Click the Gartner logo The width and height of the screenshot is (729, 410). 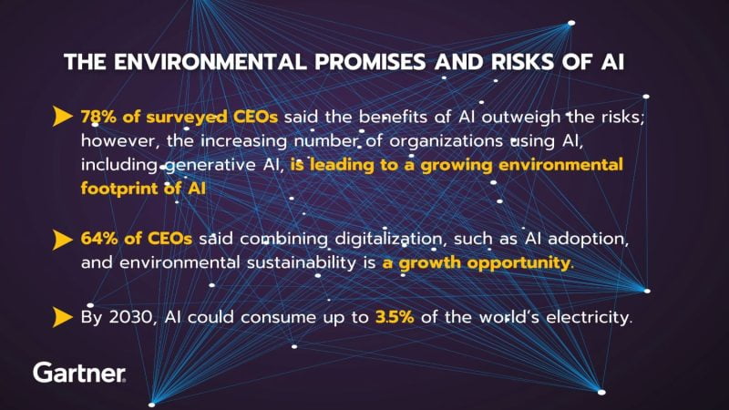point(79,373)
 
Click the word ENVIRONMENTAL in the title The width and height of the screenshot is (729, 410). point(210,62)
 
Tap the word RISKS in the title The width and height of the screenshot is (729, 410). point(523,62)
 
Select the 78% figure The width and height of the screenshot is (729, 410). point(98,117)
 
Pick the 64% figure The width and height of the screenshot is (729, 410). point(99,239)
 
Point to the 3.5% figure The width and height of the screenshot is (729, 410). point(395,317)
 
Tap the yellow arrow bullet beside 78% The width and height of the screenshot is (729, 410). point(63,117)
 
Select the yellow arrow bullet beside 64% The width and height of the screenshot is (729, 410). point(63,240)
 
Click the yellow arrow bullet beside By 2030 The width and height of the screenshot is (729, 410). point(63,317)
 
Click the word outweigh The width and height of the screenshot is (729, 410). point(520,118)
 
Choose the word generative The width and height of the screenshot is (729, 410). point(209,166)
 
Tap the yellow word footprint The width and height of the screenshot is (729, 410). point(119,189)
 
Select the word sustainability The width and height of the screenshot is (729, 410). point(302,263)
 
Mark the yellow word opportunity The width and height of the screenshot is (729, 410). point(520,263)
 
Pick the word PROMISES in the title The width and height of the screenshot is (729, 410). point(370,62)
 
